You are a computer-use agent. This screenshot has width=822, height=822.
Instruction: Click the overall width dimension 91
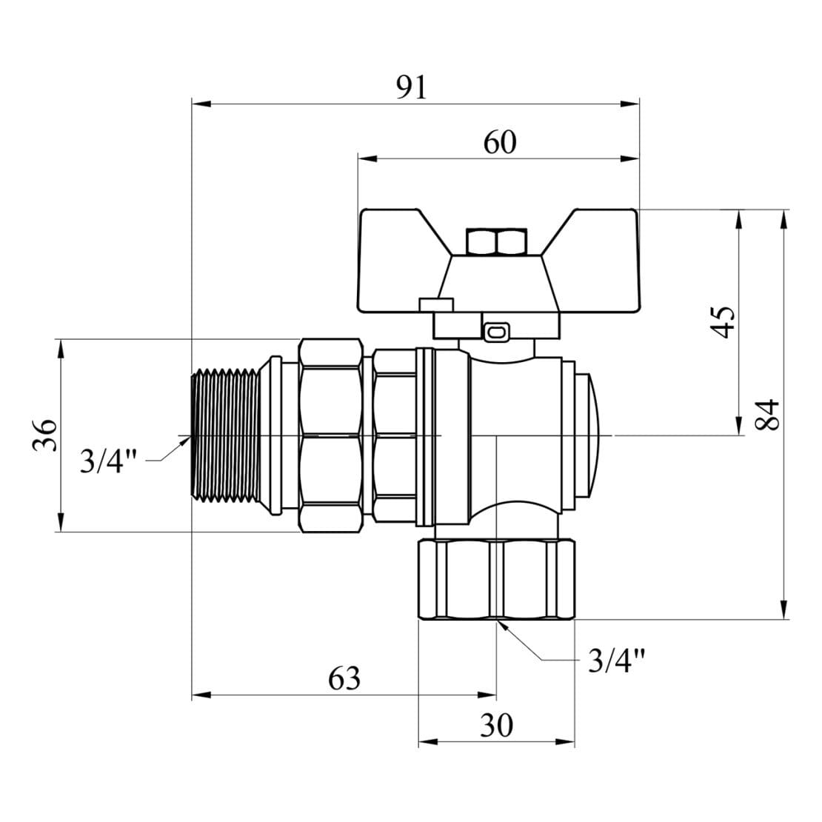[412, 88]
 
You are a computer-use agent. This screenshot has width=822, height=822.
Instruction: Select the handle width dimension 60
[499, 142]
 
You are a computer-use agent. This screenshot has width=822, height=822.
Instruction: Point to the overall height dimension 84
[770, 416]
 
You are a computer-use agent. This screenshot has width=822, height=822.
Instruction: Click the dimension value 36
[44, 435]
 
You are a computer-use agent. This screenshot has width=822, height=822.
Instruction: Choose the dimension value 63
[344, 678]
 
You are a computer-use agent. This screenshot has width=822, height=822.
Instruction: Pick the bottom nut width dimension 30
[496, 726]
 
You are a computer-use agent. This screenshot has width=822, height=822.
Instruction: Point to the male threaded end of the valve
[230, 435]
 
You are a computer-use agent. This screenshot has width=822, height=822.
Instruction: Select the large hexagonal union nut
[330, 435]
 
